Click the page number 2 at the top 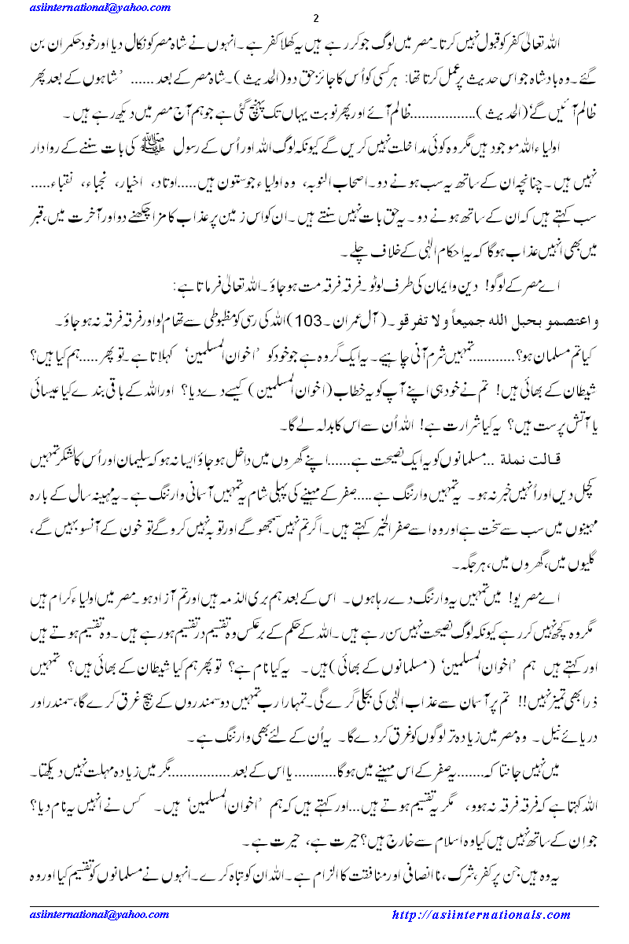[314, 19]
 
